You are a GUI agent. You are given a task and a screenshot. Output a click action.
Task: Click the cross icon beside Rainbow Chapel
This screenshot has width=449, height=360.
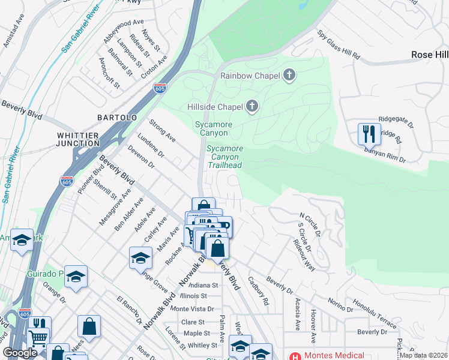[x=289, y=76]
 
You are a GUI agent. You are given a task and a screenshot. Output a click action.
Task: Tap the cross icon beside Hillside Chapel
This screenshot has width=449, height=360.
[x=252, y=107]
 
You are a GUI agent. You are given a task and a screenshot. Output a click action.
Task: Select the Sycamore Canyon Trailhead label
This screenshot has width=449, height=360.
[x=224, y=157]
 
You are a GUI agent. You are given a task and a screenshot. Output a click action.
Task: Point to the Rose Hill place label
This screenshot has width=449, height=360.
[x=429, y=55]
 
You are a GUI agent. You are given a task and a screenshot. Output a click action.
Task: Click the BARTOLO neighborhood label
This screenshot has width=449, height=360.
[x=117, y=118]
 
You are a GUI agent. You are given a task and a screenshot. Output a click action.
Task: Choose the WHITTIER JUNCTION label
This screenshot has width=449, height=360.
[x=78, y=139]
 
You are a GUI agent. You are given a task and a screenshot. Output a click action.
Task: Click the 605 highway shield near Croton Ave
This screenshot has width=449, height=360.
[x=159, y=88]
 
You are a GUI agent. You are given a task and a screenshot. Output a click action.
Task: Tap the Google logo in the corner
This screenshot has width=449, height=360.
[x=20, y=353]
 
